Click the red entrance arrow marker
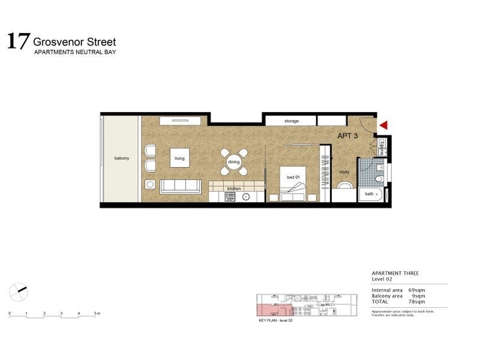(384, 125)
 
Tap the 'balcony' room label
(122, 158)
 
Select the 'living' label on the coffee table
(179, 158)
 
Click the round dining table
(234, 161)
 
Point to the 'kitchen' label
(233, 188)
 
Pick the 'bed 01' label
(293, 177)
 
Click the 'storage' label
(292, 121)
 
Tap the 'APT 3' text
(348, 136)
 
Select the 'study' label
(344, 172)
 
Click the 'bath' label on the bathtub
(369, 194)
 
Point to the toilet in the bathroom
(379, 178)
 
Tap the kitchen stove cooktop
(230, 196)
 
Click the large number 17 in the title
(17, 41)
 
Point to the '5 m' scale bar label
(97, 314)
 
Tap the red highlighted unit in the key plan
(270, 310)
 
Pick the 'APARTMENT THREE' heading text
(395, 274)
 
